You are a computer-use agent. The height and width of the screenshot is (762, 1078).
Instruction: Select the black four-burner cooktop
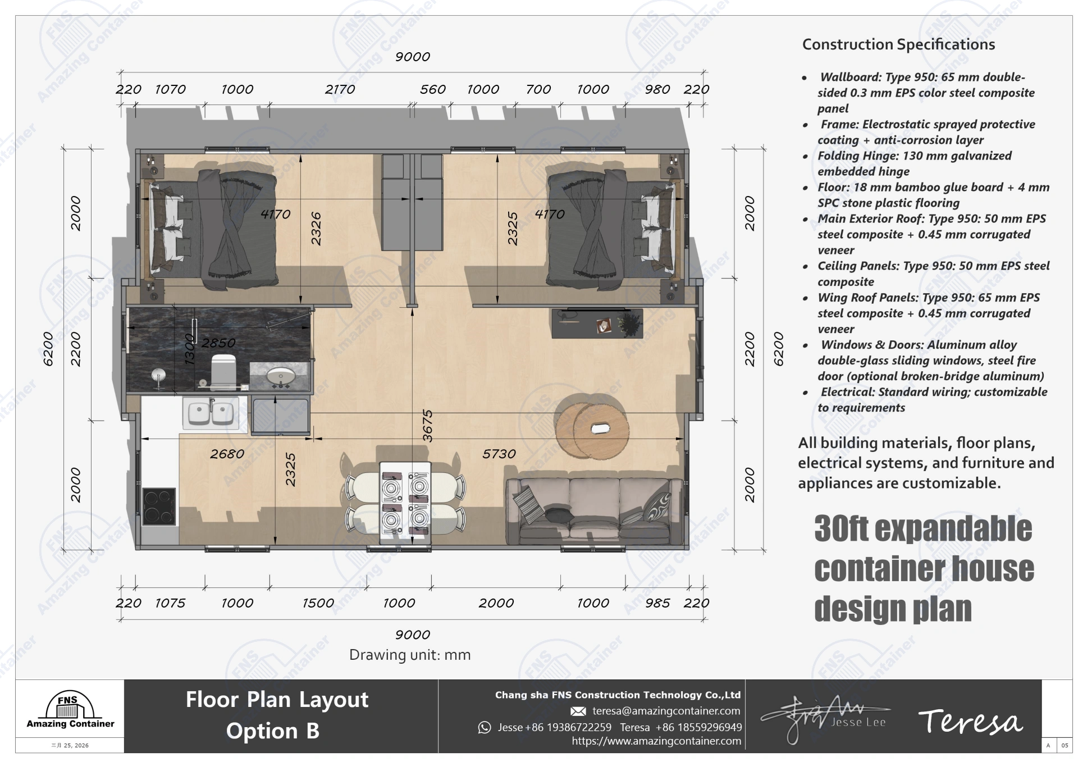[x=159, y=507]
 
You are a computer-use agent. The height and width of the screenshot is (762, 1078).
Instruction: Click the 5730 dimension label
[x=499, y=454]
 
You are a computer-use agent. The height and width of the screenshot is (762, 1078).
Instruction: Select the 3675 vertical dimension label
[x=427, y=426]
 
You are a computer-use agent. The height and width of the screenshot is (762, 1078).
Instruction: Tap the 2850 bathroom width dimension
[x=218, y=343]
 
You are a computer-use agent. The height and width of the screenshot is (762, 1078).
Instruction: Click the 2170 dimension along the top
[x=340, y=89]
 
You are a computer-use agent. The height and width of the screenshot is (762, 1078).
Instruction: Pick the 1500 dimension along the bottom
[x=318, y=603]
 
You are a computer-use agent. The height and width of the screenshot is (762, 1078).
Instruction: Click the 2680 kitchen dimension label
[x=227, y=454]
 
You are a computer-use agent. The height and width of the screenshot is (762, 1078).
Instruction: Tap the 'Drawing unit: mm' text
[x=410, y=655]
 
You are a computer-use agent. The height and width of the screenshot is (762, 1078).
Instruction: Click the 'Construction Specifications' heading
[x=898, y=44]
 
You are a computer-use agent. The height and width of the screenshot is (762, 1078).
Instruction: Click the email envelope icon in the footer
[x=578, y=711]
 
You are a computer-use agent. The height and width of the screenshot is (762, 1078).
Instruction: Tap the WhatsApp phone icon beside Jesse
[x=484, y=728]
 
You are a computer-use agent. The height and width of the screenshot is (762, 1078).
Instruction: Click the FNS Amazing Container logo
[x=70, y=710]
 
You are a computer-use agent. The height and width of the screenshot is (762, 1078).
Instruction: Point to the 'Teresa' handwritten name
[x=970, y=722]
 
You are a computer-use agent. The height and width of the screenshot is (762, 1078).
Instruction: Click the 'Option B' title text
[x=272, y=731]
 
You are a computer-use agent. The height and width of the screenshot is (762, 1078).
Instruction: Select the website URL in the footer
[x=656, y=741]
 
